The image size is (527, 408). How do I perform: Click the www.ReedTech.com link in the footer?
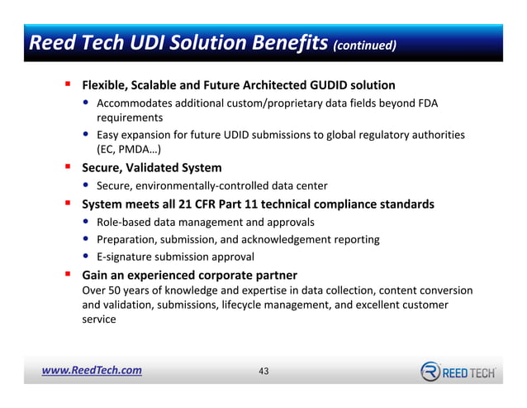point(92,371)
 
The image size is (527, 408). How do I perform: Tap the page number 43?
point(263,372)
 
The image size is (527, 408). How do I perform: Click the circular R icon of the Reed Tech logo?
point(431,372)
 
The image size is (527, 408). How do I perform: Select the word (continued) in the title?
point(364,45)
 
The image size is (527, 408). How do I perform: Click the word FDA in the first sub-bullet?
point(427,103)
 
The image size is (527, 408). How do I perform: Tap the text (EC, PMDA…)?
point(128,150)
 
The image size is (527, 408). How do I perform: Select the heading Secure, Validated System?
point(151,168)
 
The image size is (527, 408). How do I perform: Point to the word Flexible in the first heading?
point(105,85)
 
